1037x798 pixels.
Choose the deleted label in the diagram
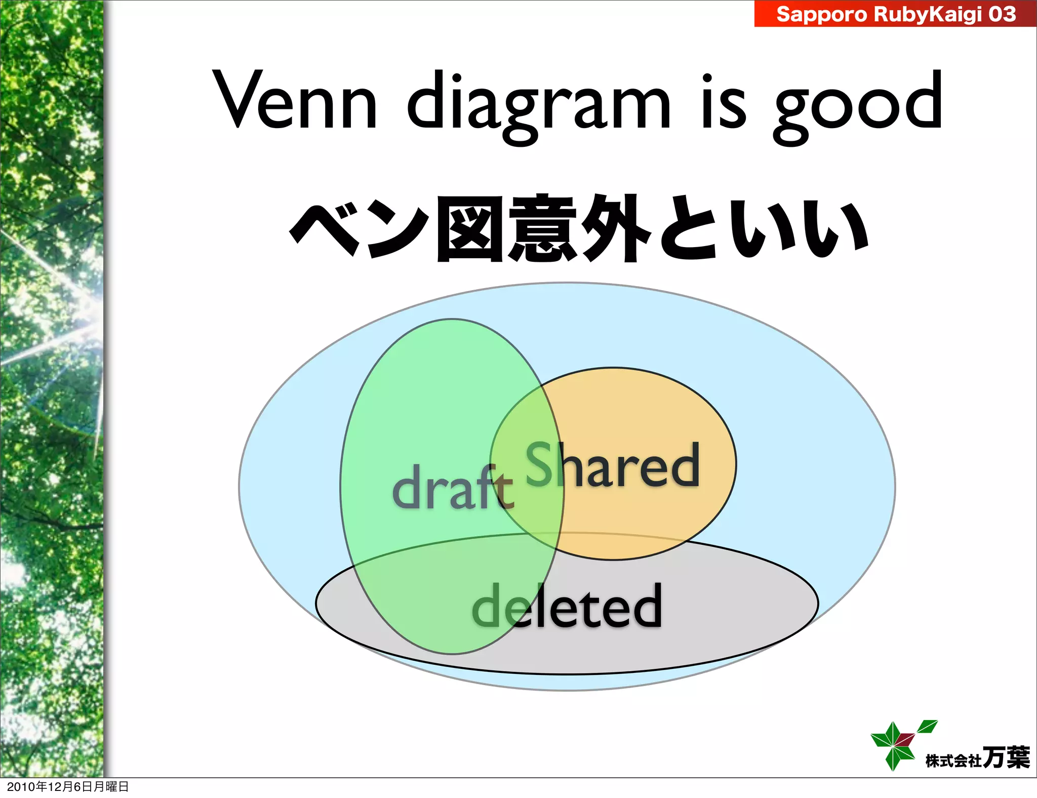click(567, 605)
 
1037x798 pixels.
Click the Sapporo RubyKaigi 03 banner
click(895, 14)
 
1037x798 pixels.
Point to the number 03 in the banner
click(1002, 14)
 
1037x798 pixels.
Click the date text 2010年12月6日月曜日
click(68, 786)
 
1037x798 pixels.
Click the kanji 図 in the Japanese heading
click(471, 228)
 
